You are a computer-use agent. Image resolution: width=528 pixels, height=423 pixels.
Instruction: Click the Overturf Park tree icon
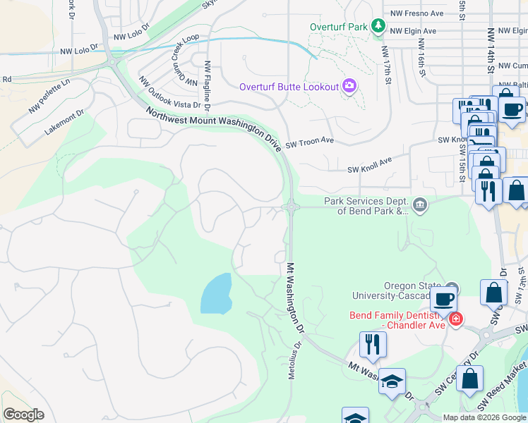click(379, 27)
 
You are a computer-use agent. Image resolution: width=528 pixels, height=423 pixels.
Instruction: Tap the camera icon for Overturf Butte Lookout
click(349, 87)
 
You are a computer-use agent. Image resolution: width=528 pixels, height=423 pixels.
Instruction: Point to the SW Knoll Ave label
click(369, 165)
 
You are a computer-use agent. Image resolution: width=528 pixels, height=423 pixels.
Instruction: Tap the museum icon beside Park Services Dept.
click(420, 205)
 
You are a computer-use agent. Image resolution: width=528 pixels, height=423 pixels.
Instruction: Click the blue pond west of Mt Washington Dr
click(216, 293)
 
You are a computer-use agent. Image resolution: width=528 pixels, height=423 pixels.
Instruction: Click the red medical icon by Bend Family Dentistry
click(456, 319)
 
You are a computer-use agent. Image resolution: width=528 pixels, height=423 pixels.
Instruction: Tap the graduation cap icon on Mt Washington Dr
click(392, 382)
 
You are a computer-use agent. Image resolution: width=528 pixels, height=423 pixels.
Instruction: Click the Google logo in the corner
click(23, 415)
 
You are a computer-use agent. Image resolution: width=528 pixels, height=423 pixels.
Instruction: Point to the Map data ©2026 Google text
click(484, 417)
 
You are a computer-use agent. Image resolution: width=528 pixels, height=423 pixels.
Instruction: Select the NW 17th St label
click(387, 64)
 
